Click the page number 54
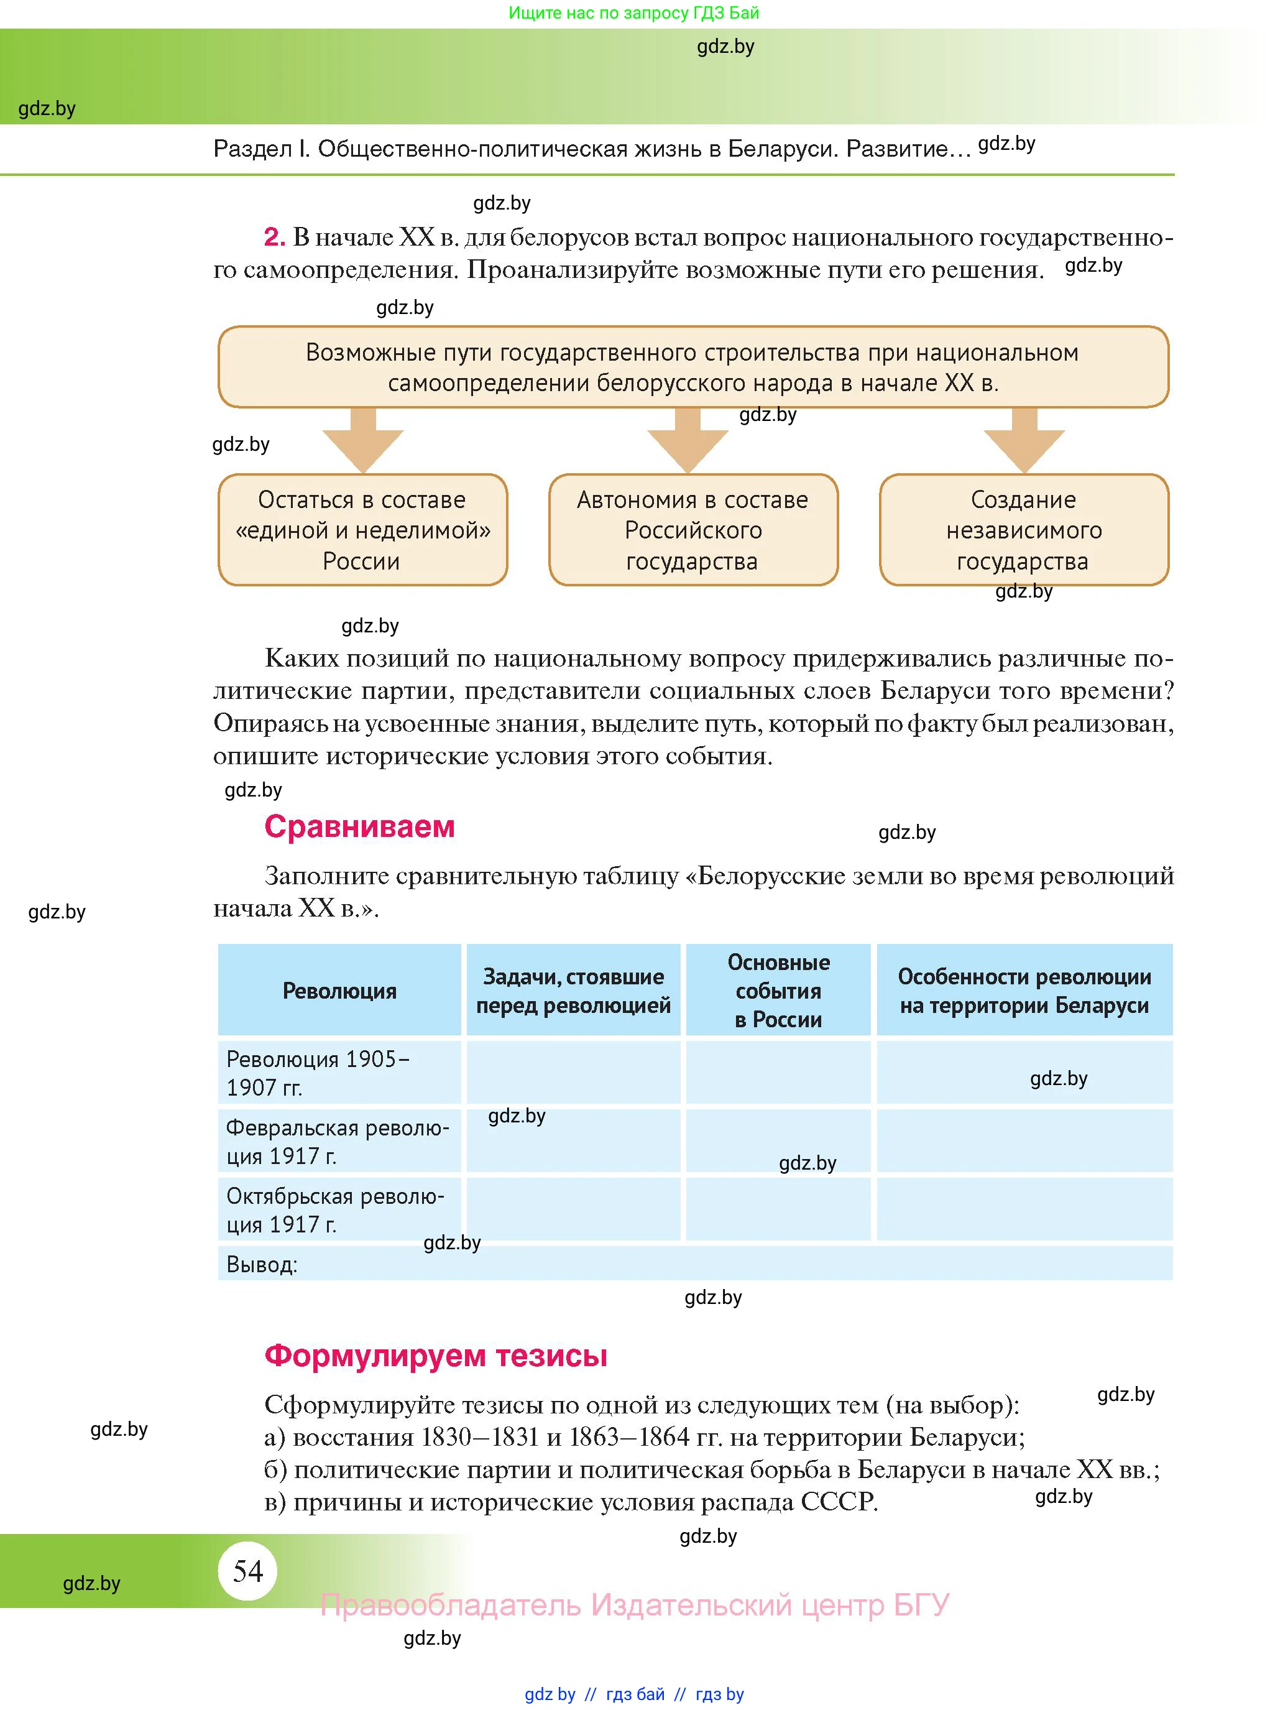tap(247, 1571)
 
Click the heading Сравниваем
tap(359, 826)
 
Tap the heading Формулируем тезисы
tap(435, 1355)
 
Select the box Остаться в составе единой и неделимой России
tap(362, 530)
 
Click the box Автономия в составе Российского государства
tap(693, 530)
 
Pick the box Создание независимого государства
tap(1023, 530)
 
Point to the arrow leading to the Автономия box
tap(688, 441)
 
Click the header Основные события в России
tap(778, 991)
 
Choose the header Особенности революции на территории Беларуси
tap(1024, 991)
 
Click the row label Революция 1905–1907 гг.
tap(318, 1073)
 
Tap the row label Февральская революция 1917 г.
tap(337, 1141)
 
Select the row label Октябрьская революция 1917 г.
tap(334, 1209)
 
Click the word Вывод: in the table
tap(261, 1264)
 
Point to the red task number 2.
tap(274, 237)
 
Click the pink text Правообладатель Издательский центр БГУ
tap(634, 1605)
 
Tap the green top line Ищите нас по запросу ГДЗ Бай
tap(633, 13)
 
